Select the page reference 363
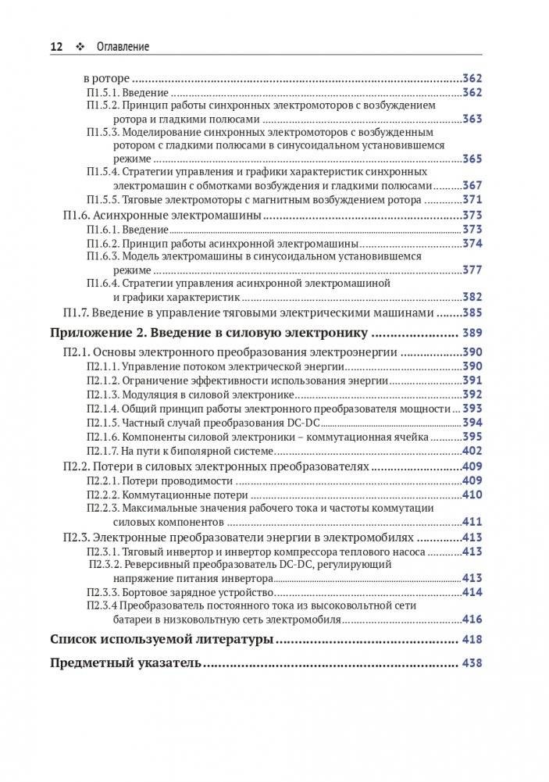(472, 120)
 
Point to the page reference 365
(472, 159)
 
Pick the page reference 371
(472, 200)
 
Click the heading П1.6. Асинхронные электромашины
(161, 215)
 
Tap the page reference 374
(472, 243)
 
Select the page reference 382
(472, 297)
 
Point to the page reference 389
(472, 334)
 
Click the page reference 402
(472, 451)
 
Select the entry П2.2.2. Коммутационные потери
(167, 495)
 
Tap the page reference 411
(472, 522)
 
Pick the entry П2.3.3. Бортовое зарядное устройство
(180, 593)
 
